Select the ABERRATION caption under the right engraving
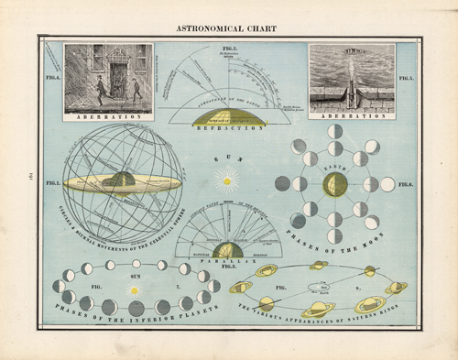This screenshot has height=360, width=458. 352,115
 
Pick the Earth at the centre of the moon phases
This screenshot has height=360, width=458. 334,184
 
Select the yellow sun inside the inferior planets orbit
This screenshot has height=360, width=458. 136,289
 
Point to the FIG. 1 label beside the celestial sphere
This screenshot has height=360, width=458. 53,184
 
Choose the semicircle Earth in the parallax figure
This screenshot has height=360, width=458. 226,249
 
